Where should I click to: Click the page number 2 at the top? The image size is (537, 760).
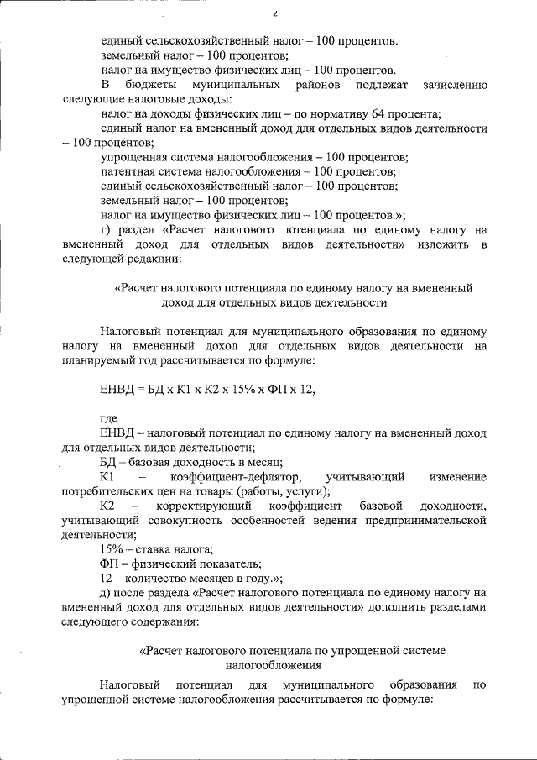click(274, 13)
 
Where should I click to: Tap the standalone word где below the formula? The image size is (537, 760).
click(109, 417)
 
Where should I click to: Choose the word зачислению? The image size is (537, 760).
click(451, 85)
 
